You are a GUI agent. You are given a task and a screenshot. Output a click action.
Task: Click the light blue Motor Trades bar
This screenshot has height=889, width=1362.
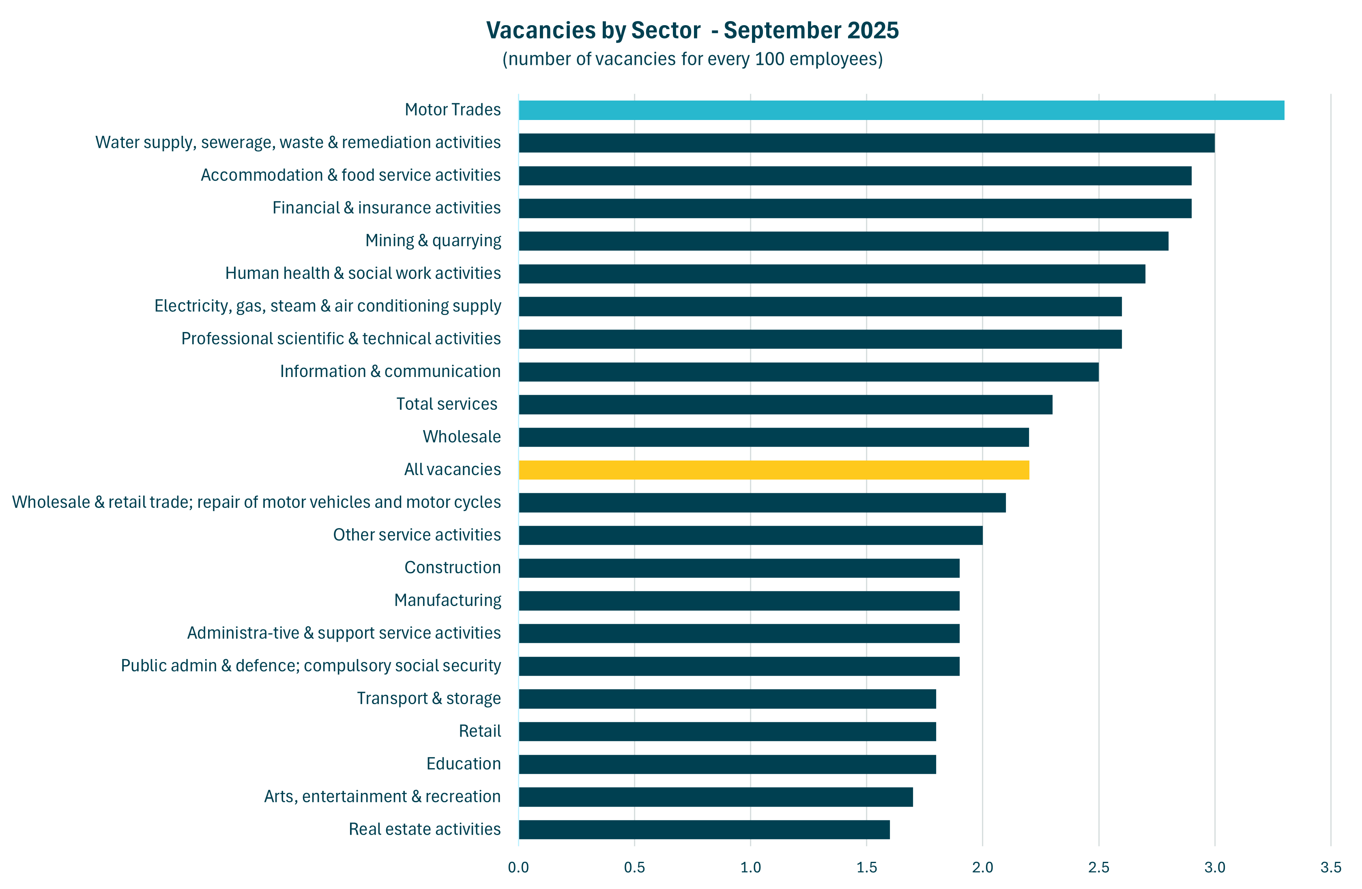[x=901, y=110]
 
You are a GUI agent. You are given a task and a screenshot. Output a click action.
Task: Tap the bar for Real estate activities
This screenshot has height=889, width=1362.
[x=704, y=829]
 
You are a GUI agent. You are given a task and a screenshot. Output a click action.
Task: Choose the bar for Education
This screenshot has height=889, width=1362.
[x=727, y=764]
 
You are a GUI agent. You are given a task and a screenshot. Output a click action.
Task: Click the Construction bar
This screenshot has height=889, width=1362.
[x=739, y=568]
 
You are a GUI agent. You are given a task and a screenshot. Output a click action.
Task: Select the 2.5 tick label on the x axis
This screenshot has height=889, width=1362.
[x=1098, y=867]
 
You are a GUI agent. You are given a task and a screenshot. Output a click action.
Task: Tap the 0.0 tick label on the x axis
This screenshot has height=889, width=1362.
[x=518, y=867]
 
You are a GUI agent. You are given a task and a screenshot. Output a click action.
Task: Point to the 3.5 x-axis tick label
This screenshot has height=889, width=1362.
[x=1330, y=867]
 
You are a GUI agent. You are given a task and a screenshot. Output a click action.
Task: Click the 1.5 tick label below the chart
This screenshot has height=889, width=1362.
[x=866, y=867]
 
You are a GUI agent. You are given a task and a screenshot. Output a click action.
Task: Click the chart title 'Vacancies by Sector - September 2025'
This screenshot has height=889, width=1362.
[x=692, y=30]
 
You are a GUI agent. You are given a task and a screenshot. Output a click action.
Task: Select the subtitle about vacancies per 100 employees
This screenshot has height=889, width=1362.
[x=692, y=59]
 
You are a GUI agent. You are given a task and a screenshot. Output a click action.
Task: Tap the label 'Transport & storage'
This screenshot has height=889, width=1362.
[x=429, y=698]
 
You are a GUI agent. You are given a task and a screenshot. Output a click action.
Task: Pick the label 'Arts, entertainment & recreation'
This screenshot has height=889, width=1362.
[x=382, y=796]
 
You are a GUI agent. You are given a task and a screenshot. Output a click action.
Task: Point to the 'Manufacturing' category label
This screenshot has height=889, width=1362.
[x=447, y=600]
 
